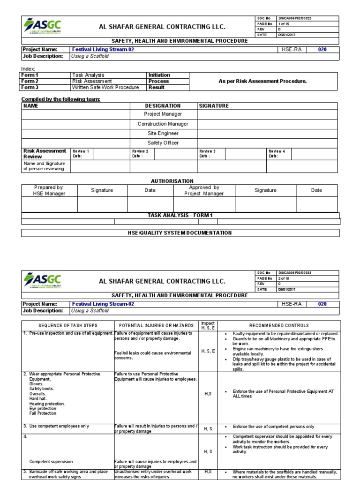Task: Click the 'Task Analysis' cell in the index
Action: tap(88, 75)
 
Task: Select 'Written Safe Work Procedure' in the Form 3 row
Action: tap(105, 87)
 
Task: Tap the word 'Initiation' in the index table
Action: tap(159, 75)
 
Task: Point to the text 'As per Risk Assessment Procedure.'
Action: tap(262, 81)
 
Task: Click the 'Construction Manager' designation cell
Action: tap(163, 124)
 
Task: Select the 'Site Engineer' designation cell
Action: tap(163, 134)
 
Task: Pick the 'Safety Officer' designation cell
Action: tap(163, 143)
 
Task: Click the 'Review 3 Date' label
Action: tap(207, 154)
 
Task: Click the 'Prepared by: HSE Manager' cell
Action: tap(49, 190)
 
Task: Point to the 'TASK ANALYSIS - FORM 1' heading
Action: tap(180, 215)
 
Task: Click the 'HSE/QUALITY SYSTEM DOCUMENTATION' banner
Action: tap(180, 233)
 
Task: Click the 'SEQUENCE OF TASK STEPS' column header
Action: tap(68, 325)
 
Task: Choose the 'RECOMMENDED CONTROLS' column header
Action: tap(279, 325)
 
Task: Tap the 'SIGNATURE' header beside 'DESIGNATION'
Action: tap(214, 106)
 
